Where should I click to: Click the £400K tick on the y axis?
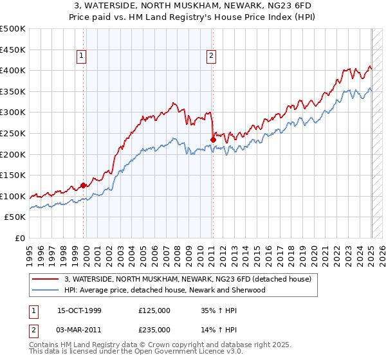tap(13, 70)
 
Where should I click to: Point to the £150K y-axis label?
tap(13, 175)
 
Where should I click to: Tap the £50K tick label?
tap(15, 217)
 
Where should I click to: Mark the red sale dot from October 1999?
tap(84, 186)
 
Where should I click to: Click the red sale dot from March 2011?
tap(213, 139)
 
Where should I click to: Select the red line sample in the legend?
tap(46, 279)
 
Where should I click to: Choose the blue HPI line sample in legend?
tap(46, 290)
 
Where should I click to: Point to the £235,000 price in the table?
tap(154, 329)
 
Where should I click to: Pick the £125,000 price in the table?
tap(154, 310)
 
